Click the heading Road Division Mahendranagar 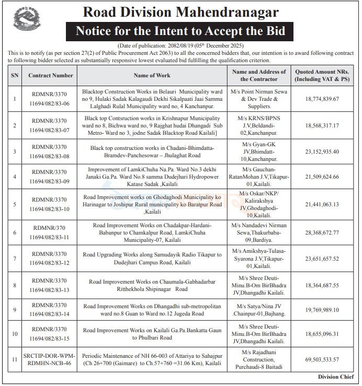(181, 11)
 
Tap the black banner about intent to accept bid (181, 31)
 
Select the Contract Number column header (50, 75)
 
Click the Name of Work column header (152, 75)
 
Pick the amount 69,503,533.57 (317, 360)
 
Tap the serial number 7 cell (14, 259)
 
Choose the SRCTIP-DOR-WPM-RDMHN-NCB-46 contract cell (50, 360)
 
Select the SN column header (14, 75)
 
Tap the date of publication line (181, 46)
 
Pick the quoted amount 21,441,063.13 (317, 204)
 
